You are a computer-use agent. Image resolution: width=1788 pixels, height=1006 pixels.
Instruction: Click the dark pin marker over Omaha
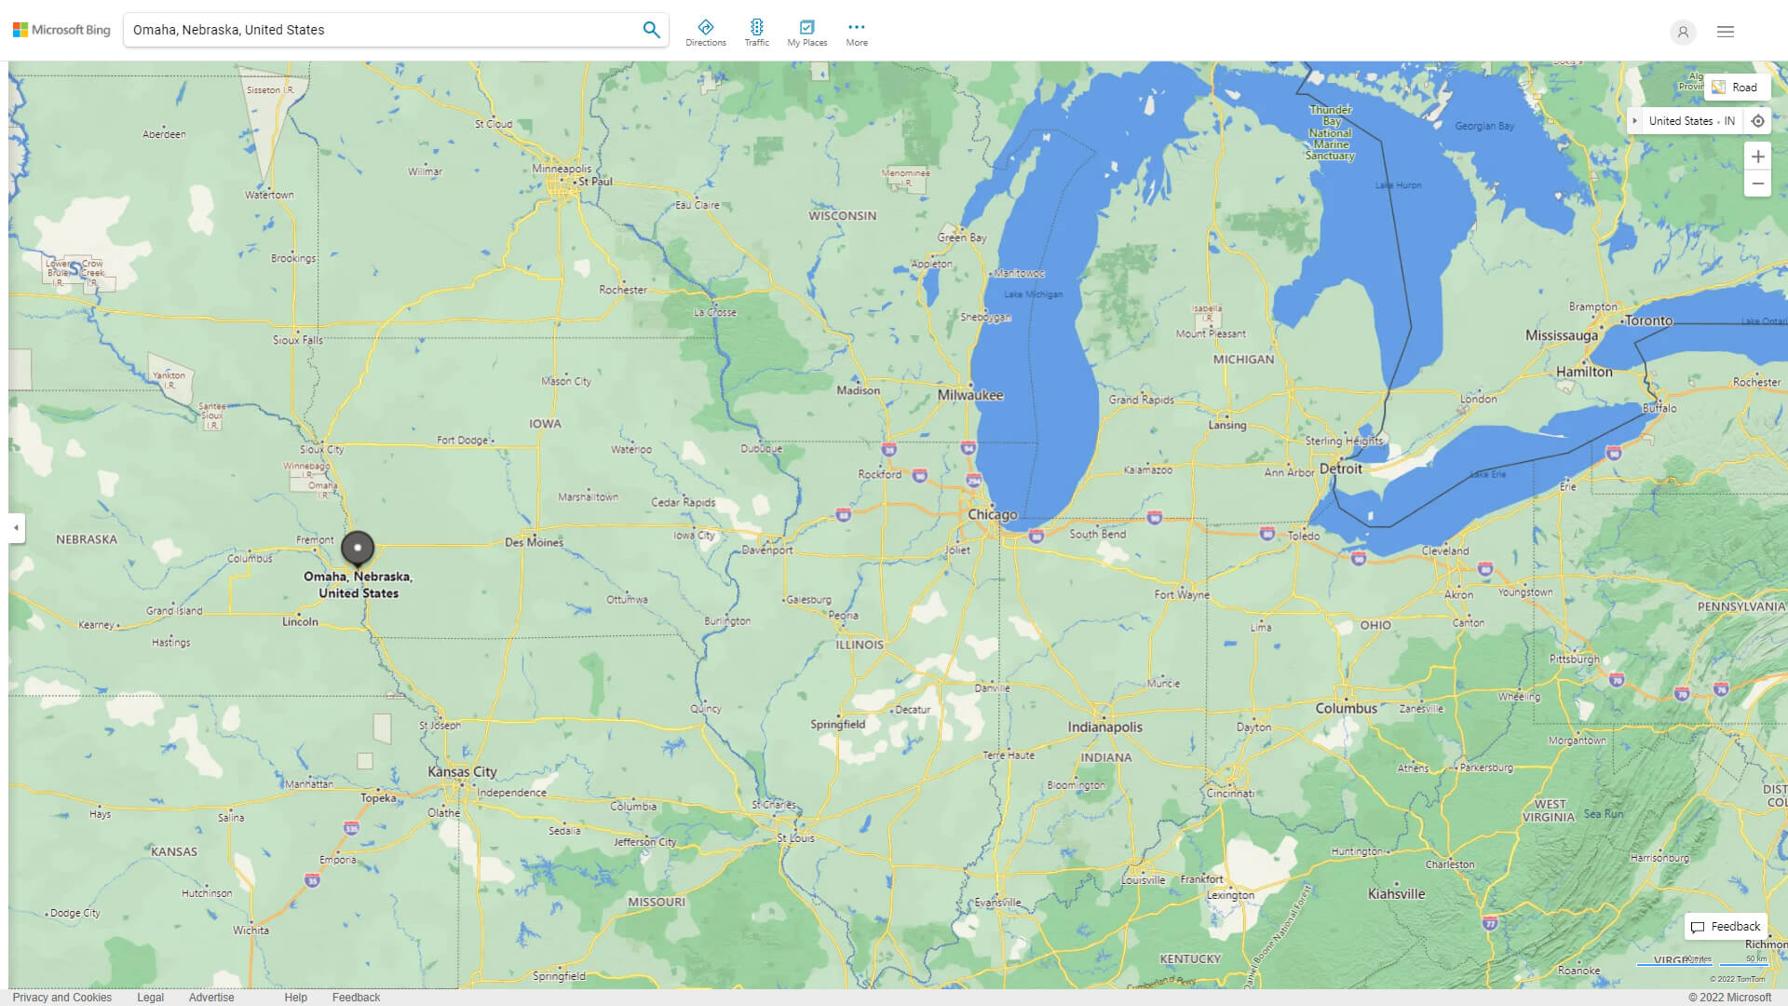(358, 548)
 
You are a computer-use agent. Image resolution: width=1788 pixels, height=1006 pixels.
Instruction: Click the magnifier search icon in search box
(651, 30)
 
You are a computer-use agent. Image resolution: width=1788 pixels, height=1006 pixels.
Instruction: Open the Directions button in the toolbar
(705, 32)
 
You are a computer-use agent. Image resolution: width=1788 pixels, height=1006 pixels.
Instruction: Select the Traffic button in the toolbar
(756, 32)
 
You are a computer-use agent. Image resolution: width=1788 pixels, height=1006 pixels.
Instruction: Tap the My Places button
(806, 32)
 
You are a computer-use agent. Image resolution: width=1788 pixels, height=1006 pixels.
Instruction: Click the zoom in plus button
(1757, 156)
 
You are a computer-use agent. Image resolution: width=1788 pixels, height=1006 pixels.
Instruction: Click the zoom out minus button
(1757, 184)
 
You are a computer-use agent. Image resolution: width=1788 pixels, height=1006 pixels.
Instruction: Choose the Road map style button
(1736, 87)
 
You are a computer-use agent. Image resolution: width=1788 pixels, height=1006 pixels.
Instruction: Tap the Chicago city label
(992, 514)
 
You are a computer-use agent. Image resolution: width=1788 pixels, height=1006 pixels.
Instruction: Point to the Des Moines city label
(534, 542)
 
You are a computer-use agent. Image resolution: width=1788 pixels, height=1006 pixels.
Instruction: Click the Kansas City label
(462, 771)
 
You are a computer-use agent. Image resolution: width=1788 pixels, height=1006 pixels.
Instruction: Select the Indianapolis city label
(1104, 727)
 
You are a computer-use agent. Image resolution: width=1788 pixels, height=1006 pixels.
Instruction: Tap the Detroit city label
(1340, 469)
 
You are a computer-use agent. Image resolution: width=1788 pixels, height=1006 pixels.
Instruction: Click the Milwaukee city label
(969, 395)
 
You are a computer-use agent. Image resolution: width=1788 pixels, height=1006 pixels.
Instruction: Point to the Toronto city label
(1648, 320)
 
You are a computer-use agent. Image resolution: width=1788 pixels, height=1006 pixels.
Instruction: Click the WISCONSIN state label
(842, 215)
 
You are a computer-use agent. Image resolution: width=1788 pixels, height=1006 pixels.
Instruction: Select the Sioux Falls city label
(297, 340)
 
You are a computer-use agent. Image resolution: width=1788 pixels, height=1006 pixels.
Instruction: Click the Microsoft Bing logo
(61, 30)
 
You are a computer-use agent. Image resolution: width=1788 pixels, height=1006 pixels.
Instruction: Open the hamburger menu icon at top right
(1726, 32)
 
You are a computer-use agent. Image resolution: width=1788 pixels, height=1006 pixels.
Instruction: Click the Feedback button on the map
(1726, 926)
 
